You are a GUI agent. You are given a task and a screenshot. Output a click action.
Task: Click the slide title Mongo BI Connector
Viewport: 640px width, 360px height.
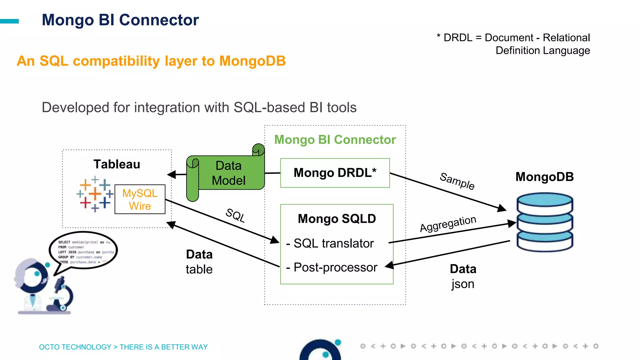(x=120, y=20)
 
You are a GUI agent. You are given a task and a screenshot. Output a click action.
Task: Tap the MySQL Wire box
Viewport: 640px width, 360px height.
(x=140, y=199)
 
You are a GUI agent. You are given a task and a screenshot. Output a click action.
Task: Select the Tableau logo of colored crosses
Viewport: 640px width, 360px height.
(x=94, y=194)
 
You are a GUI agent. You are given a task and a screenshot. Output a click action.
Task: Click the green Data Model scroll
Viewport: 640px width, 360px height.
(x=228, y=173)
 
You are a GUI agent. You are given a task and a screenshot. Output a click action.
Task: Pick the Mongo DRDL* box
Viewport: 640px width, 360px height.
(x=335, y=173)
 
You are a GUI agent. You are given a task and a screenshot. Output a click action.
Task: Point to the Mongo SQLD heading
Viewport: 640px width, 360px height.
(x=337, y=219)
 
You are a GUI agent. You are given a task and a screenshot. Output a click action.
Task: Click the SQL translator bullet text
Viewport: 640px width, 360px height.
(x=333, y=243)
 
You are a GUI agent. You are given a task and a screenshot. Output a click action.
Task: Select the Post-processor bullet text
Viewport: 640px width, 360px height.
(x=335, y=267)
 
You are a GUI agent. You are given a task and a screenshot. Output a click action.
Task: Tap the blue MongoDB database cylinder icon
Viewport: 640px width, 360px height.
(x=545, y=222)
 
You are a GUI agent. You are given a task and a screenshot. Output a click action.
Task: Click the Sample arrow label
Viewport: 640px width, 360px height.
(x=457, y=181)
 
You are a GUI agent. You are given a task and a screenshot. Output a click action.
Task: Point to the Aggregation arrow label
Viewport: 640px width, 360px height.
(x=448, y=223)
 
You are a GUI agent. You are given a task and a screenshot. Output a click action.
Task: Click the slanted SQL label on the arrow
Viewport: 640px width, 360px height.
(x=235, y=215)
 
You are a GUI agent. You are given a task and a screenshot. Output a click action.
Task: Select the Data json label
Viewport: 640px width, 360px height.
(x=463, y=276)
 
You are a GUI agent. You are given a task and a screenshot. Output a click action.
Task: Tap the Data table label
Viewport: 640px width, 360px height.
(x=199, y=262)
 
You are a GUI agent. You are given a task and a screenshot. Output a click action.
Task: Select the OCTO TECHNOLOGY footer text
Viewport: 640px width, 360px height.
(x=123, y=347)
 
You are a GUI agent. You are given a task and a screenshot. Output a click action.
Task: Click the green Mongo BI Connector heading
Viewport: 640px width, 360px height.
(x=335, y=140)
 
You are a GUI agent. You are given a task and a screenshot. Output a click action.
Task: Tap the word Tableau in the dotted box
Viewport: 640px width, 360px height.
(x=117, y=164)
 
